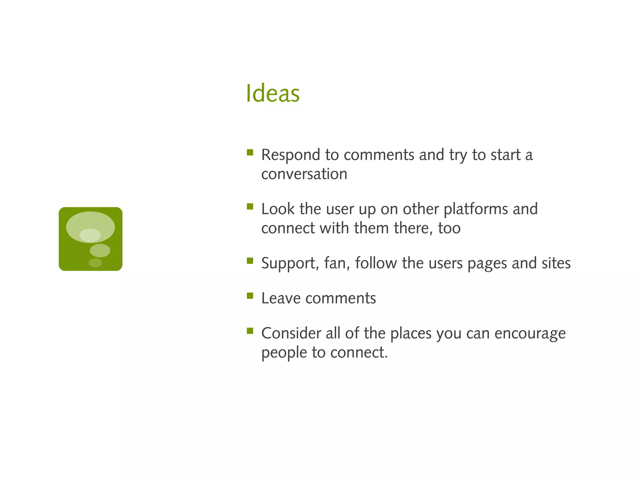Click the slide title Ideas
tap(272, 93)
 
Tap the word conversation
tap(304, 174)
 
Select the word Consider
tap(291, 333)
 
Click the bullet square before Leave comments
tap(250, 295)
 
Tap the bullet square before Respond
tap(250, 152)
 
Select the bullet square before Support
tap(250, 260)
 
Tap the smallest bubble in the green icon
tap(95, 263)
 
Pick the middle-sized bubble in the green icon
tap(100, 250)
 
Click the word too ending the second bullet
tap(449, 228)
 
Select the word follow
tap(376, 263)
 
